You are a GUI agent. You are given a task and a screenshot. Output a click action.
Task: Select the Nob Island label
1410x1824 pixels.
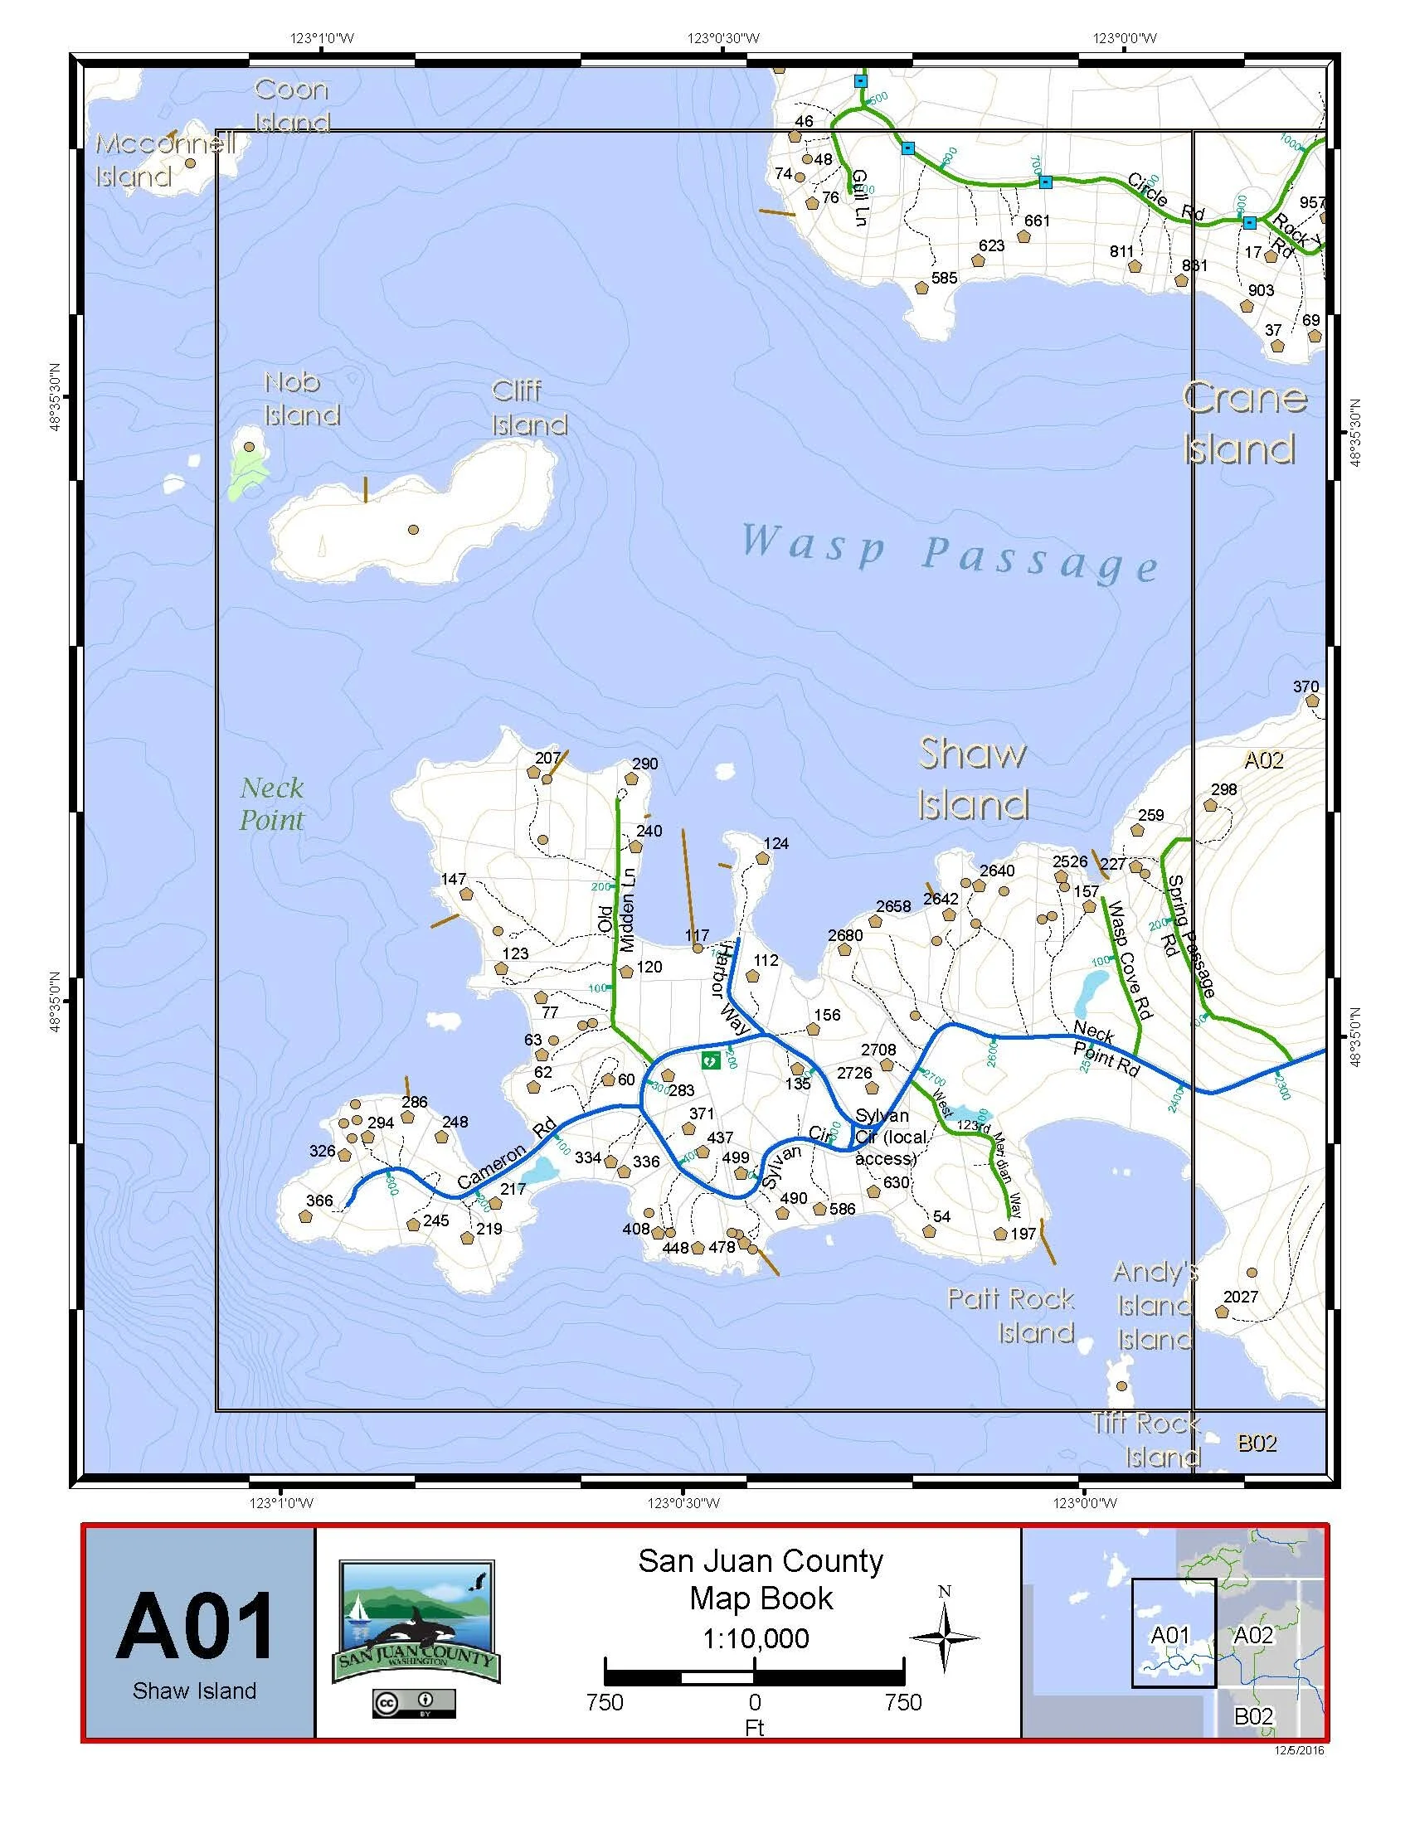click(x=302, y=398)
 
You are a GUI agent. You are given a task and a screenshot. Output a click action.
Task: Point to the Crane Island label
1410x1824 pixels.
click(x=1244, y=424)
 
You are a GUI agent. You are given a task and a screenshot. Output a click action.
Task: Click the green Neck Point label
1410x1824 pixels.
click(x=271, y=803)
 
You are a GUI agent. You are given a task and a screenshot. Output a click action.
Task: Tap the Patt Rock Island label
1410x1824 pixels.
click(x=1013, y=1316)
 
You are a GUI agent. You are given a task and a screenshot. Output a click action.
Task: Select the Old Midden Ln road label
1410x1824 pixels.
click(x=617, y=911)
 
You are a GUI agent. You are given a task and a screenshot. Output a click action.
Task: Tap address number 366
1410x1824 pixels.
click(x=319, y=1201)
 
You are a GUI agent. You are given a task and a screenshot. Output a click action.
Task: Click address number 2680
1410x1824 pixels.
click(x=845, y=935)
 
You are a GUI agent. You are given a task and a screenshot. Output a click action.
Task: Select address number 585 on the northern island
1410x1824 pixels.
click(x=945, y=278)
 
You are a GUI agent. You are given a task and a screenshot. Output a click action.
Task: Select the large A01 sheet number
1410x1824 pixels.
click(x=195, y=1625)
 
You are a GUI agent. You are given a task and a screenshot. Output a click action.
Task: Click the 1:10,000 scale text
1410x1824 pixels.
click(x=756, y=1637)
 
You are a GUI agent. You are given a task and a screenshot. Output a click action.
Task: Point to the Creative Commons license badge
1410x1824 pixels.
click(x=414, y=1704)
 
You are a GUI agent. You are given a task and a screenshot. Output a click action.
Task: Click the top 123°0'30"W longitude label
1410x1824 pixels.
click(x=723, y=37)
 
